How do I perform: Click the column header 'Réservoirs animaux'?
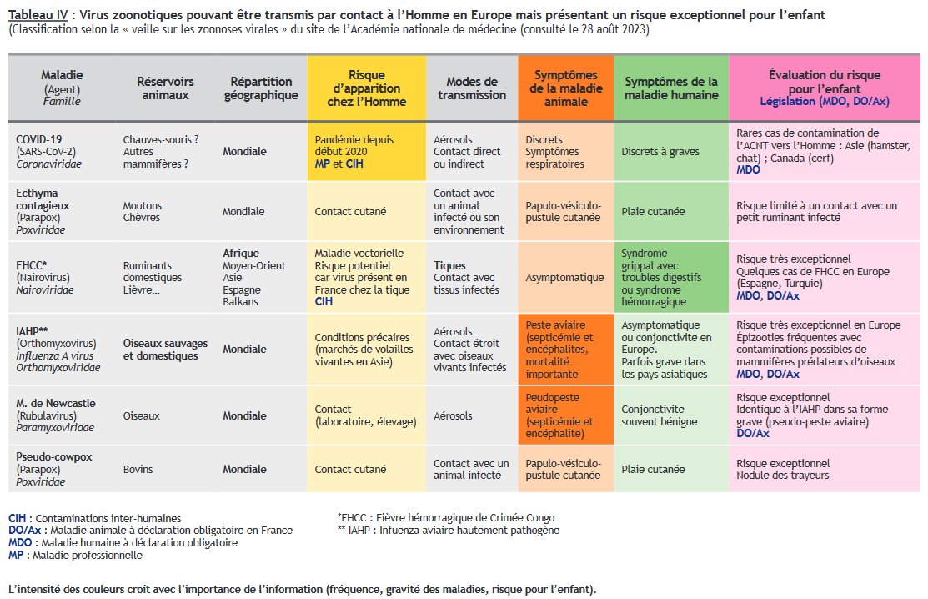pos(165,88)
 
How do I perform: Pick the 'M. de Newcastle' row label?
pos(55,403)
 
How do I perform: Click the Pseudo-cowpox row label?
pos(53,456)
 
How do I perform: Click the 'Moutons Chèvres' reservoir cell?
pos(143,212)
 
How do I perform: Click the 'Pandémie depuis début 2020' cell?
pos(354,145)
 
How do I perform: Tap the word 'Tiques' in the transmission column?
pos(449,265)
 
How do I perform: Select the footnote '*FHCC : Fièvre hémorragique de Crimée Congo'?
pos(446,517)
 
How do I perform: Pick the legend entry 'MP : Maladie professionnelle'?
pos(75,555)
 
